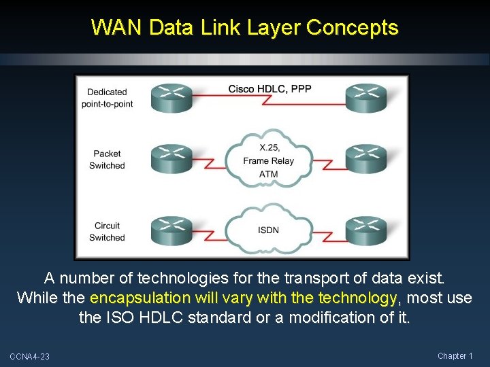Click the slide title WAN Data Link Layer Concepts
[x=244, y=28]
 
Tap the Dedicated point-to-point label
[x=107, y=98]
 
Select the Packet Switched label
[x=108, y=160]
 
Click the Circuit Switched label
[x=107, y=232]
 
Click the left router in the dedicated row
[x=171, y=98]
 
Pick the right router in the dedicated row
[x=366, y=98]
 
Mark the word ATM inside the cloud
[x=269, y=174]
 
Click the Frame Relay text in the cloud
[x=269, y=161]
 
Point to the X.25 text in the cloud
[x=269, y=148]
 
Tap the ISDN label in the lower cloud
[x=269, y=230]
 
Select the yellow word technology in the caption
[x=357, y=298]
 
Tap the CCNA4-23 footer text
[x=30, y=357]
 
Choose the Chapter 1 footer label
[x=455, y=356]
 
